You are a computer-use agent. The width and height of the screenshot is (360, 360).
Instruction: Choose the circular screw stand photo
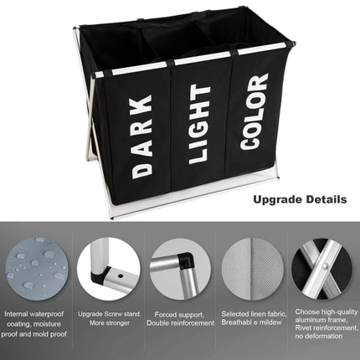point(109,267)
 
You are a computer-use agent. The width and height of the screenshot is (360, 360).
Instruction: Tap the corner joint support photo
point(179,266)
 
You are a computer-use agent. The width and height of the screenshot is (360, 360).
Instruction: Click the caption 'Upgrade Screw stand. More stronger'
point(109,319)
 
